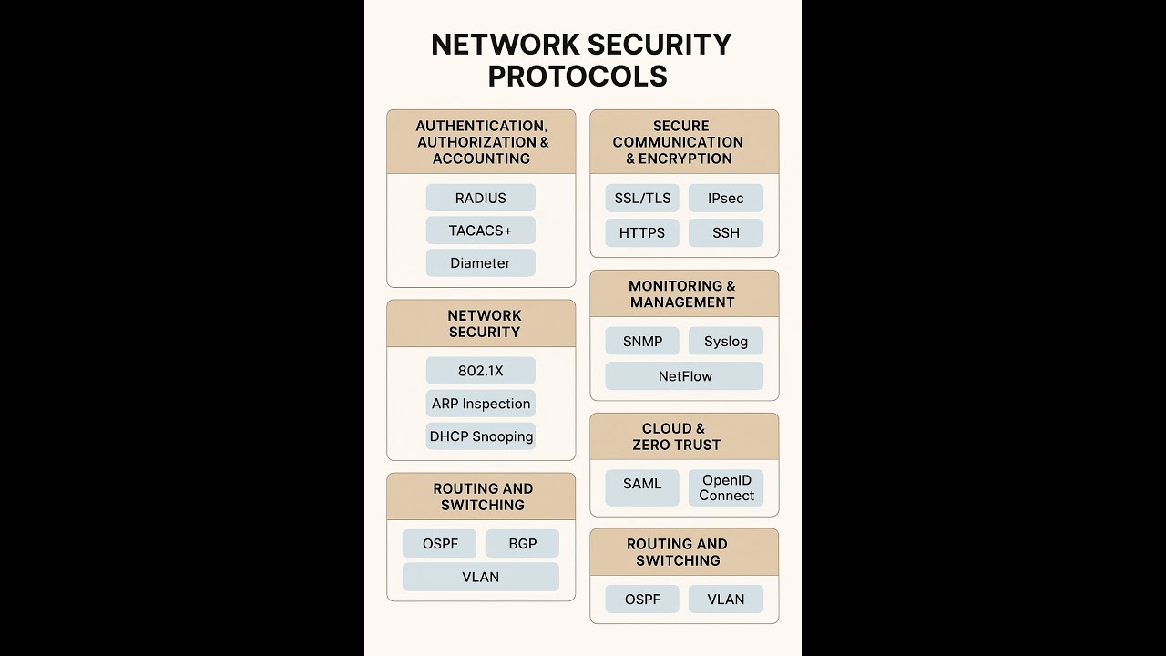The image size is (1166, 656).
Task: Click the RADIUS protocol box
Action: (x=480, y=198)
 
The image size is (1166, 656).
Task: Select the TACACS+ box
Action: (x=480, y=231)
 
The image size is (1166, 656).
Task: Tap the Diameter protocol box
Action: (x=480, y=262)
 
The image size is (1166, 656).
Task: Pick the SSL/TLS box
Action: (x=642, y=198)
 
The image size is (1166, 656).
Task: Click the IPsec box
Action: (x=725, y=198)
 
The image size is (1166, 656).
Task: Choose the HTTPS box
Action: (x=642, y=232)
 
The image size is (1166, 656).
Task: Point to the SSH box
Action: (x=725, y=232)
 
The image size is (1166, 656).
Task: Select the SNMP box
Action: (x=642, y=341)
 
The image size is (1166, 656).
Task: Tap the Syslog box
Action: (x=725, y=341)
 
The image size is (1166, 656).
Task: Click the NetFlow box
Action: (x=684, y=375)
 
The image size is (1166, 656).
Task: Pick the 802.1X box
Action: (x=480, y=371)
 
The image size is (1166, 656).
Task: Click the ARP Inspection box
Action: (x=480, y=404)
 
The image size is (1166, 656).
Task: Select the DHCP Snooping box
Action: (x=480, y=436)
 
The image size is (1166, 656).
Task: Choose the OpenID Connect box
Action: (x=725, y=487)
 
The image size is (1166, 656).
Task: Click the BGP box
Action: (x=522, y=543)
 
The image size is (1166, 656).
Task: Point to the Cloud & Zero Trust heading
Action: (x=676, y=436)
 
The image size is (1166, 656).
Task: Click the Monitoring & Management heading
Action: (x=681, y=293)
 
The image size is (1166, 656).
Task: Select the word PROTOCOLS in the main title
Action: (x=578, y=77)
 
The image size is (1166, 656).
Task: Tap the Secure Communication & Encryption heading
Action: (x=678, y=142)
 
